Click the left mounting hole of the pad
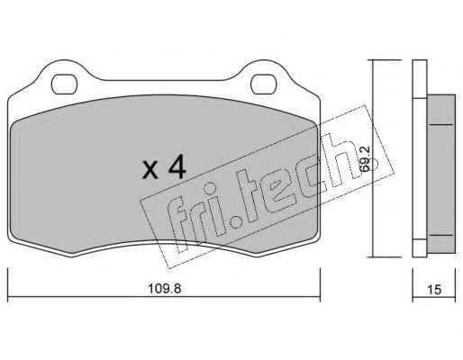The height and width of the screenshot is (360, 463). pos(64,85)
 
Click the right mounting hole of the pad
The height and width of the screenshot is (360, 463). pos(263,85)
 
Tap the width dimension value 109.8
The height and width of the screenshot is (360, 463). pos(165,289)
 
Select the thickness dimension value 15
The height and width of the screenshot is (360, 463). pos(434,290)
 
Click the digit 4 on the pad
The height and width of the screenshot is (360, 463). pos(177,168)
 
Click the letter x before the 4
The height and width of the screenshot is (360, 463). pos(150,170)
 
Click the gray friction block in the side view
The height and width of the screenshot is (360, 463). pos(440,174)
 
